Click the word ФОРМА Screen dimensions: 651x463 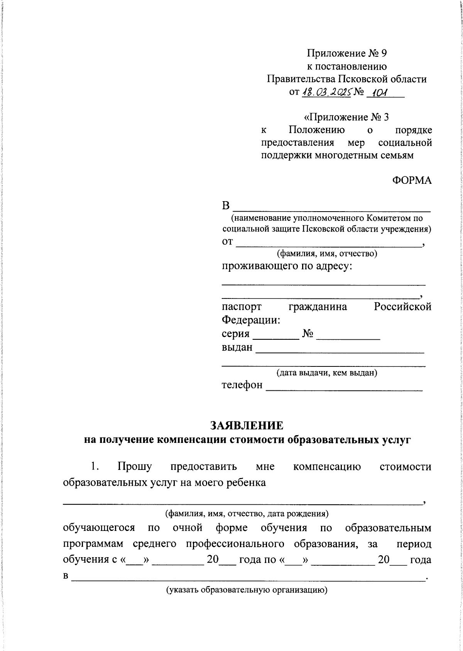[x=412, y=180]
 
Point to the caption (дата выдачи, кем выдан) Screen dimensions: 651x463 [x=326, y=373]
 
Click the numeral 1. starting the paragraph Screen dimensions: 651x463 [x=95, y=467]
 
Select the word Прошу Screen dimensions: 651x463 [x=134, y=467]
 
